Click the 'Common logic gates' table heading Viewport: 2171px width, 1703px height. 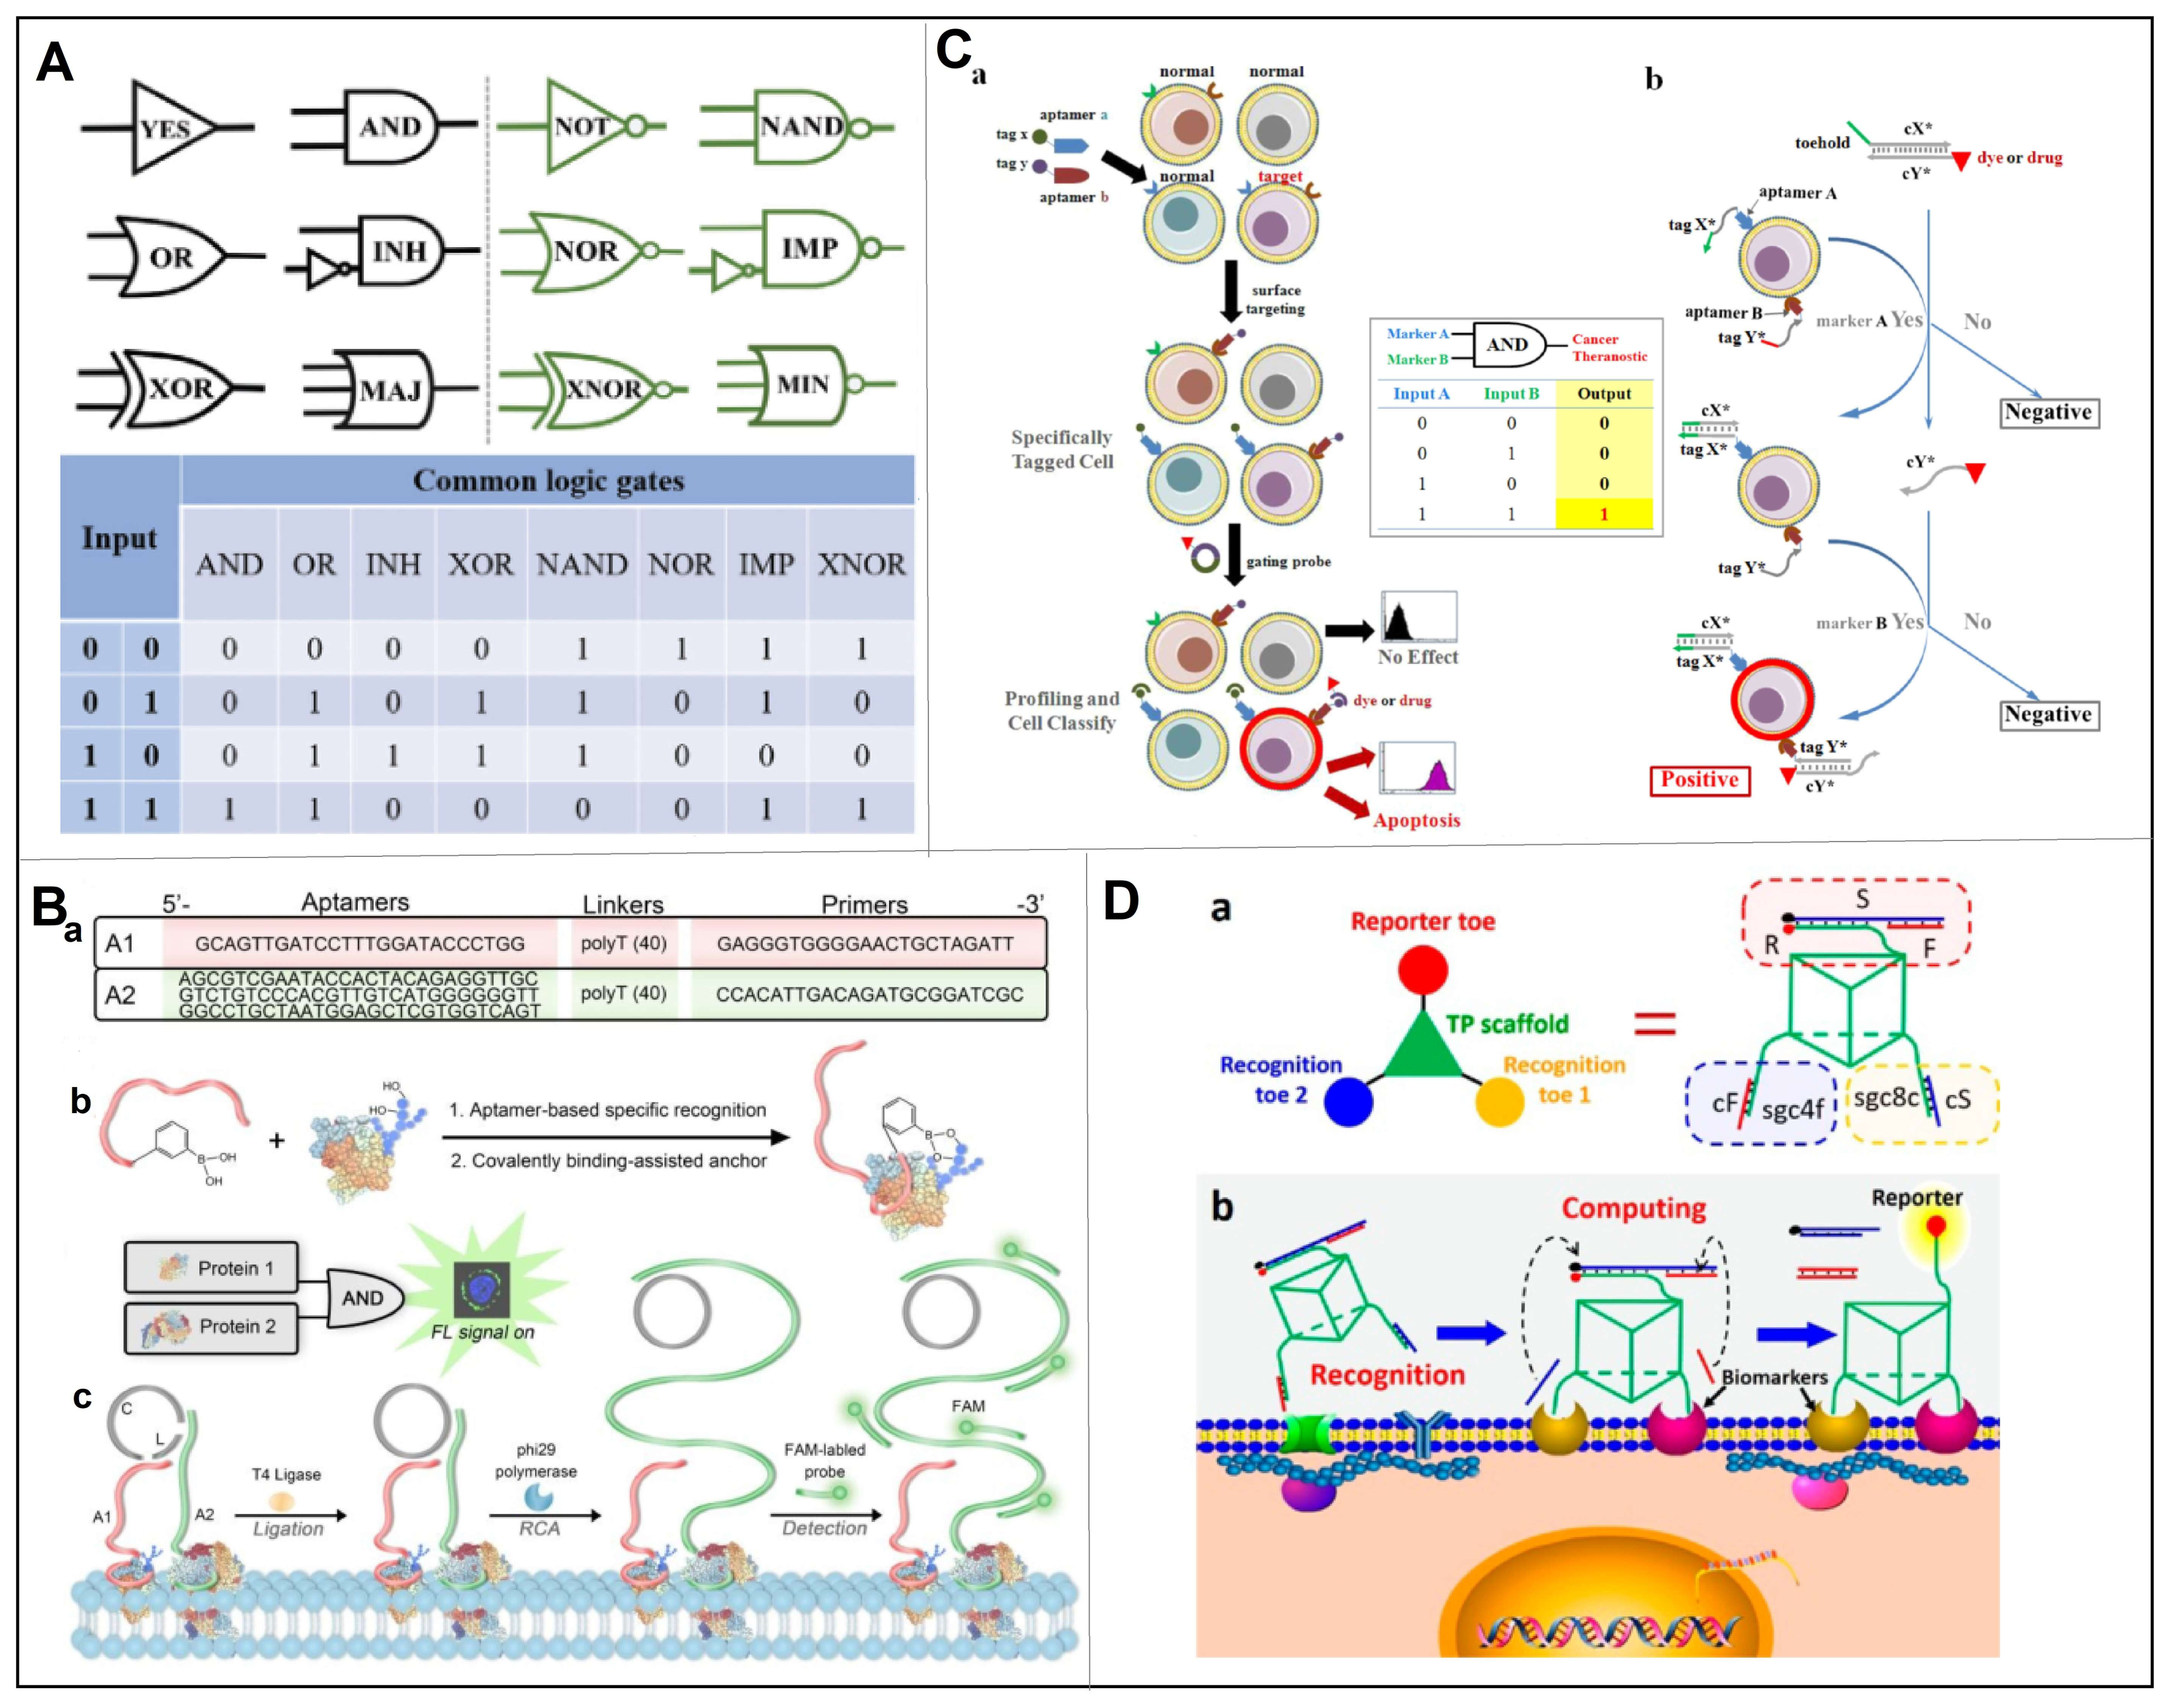[x=548, y=481]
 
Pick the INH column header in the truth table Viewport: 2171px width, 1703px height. [x=393, y=564]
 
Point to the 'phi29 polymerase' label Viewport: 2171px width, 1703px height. [x=535, y=1460]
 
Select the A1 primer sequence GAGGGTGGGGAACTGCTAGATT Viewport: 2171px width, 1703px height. [x=865, y=943]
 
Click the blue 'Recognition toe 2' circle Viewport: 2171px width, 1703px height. [x=1347, y=1102]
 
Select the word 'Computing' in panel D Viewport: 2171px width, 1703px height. [x=1633, y=1208]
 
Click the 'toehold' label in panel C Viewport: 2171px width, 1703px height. [x=1822, y=142]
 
